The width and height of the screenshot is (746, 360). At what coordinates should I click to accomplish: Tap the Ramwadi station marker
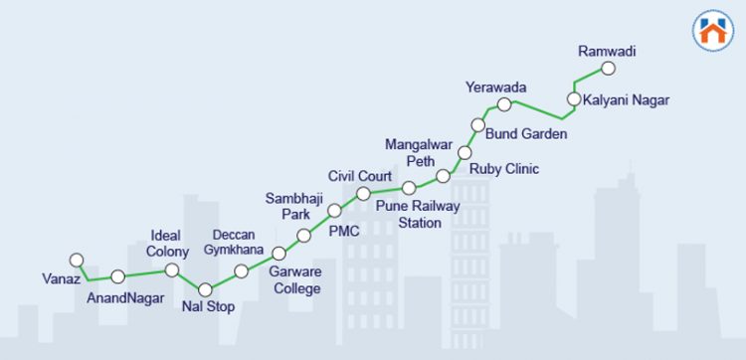click(x=609, y=69)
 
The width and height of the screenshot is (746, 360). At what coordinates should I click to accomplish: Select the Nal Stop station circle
click(x=205, y=289)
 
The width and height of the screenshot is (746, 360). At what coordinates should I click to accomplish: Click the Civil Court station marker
click(x=364, y=193)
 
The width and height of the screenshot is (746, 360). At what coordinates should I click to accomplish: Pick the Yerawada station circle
click(x=504, y=104)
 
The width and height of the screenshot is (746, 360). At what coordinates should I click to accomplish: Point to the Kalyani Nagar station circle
click(x=573, y=98)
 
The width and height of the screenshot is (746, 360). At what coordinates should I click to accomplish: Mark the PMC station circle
click(x=334, y=211)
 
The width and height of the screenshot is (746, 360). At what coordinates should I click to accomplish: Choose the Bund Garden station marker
click(x=478, y=126)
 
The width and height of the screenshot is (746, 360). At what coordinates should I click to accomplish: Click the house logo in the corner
click(x=710, y=30)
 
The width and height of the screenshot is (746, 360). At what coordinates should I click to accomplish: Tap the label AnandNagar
click(x=125, y=297)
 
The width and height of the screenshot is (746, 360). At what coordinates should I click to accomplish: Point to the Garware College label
click(x=296, y=280)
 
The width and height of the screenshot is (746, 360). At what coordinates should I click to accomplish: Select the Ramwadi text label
click(x=607, y=51)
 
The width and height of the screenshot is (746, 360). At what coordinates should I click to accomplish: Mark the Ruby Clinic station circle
click(x=465, y=153)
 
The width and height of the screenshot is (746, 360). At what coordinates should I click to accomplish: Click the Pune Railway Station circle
click(x=409, y=187)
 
